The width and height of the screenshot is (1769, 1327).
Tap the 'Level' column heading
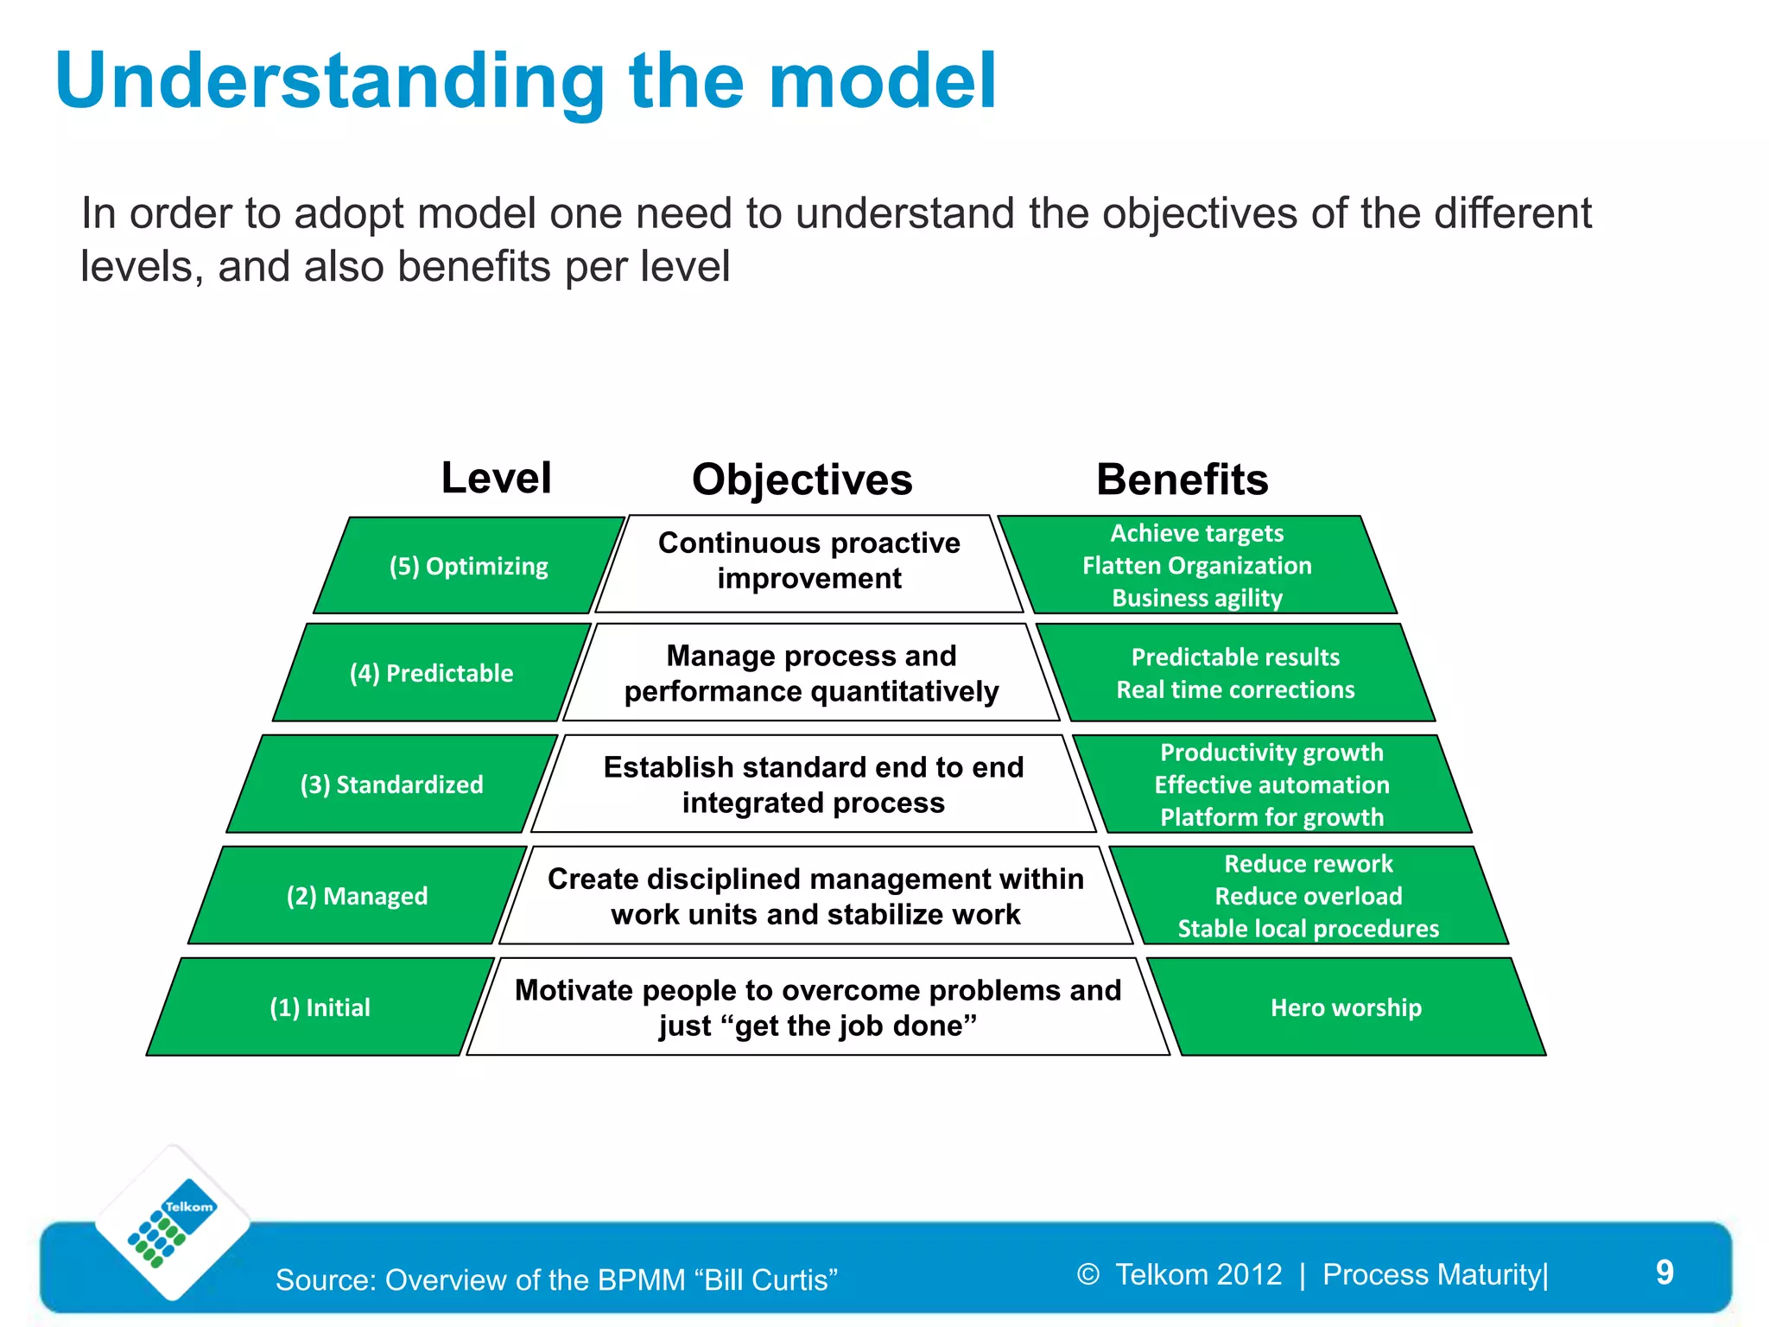click(x=496, y=478)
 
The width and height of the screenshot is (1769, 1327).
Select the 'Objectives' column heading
click(x=802, y=479)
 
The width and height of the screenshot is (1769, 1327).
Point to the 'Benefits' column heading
click(x=1182, y=479)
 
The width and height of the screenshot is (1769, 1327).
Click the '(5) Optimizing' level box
click(x=468, y=566)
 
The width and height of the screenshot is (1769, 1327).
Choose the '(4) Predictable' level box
click(x=431, y=673)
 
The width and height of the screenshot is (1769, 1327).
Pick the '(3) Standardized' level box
click(x=391, y=784)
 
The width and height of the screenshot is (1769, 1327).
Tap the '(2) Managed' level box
click(x=357, y=896)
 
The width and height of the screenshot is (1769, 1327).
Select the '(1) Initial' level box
click(x=320, y=1007)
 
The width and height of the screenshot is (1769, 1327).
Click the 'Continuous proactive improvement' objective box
click(x=809, y=561)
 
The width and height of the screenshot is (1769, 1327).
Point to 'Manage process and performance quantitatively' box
click(x=811, y=673)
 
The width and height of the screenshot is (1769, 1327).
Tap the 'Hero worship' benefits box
click(x=1346, y=1007)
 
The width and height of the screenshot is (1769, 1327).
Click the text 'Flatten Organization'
click(x=1196, y=566)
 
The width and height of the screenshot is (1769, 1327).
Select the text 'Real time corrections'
click(x=1235, y=689)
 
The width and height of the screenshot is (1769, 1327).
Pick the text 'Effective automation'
click(x=1271, y=784)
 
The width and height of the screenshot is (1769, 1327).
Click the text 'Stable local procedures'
click(x=1308, y=929)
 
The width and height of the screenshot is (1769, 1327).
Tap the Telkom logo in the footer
click(x=173, y=1222)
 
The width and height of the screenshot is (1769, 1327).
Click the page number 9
click(x=1664, y=1273)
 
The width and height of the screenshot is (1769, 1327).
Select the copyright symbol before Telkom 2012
click(x=1088, y=1274)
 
